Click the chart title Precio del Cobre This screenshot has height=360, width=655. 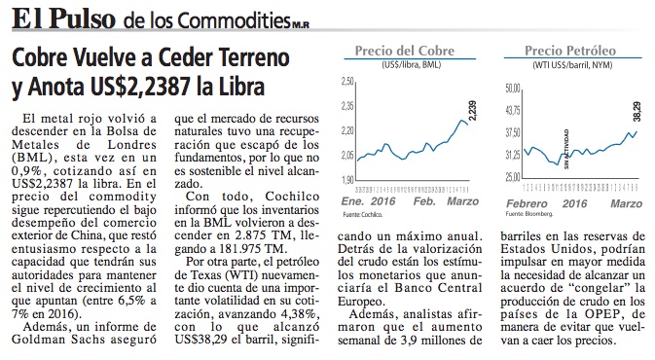[x=404, y=51]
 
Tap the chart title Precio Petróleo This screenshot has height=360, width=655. [x=570, y=51]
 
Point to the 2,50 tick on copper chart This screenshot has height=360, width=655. [x=347, y=81]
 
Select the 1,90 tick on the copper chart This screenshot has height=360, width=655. [x=347, y=180]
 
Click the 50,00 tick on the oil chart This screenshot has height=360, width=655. [x=513, y=89]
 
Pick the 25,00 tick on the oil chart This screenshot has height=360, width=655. [x=513, y=177]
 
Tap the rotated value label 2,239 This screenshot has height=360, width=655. [x=472, y=111]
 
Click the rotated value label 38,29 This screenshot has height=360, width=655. [x=637, y=111]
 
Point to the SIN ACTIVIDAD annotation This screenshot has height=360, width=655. [x=566, y=149]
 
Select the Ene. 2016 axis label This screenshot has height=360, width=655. [x=368, y=201]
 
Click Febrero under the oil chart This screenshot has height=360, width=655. [x=527, y=203]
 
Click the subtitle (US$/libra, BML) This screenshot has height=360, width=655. [x=411, y=65]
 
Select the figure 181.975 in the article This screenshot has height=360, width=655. [x=240, y=249]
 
